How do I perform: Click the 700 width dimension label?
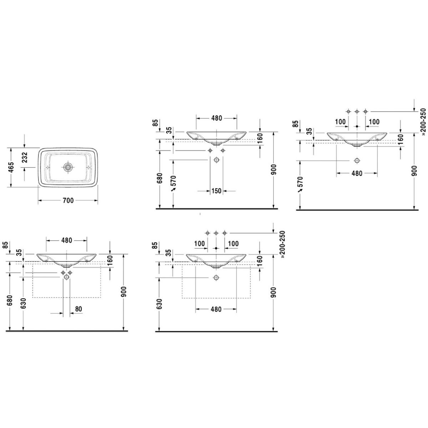(68, 200)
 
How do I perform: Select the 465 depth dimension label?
(11, 167)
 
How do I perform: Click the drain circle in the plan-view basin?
(68, 167)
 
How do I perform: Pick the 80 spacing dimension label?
(78, 309)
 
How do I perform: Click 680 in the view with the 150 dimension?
(159, 178)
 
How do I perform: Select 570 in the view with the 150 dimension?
(173, 180)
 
